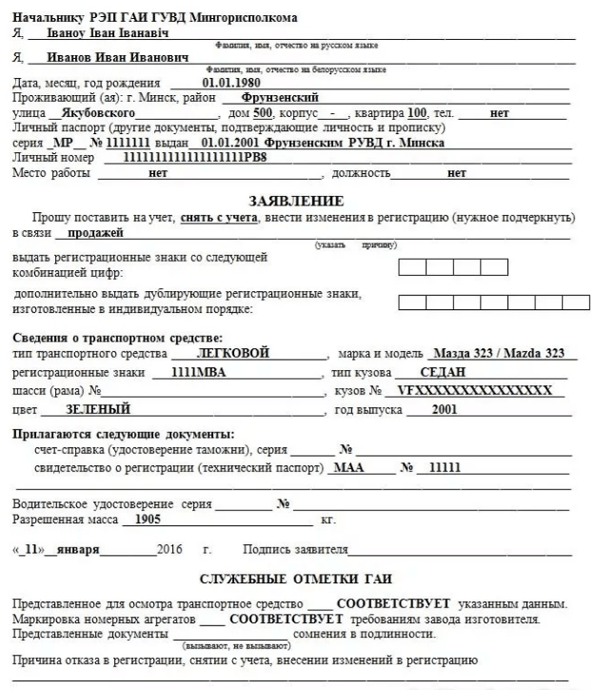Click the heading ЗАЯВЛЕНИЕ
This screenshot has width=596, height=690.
pos(295,202)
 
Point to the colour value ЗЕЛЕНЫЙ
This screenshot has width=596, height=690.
pos(99,410)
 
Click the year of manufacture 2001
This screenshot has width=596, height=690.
pos(444,410)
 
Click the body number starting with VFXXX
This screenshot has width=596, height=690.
pos(473,391)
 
